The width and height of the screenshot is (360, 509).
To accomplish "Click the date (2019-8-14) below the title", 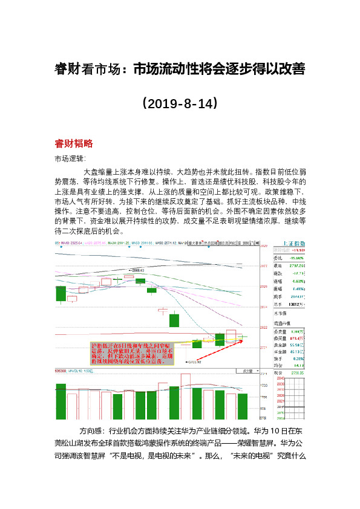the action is (180, 103).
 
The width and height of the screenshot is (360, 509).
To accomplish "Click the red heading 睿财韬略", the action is (73, 144).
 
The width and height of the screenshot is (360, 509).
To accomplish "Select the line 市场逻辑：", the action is (71, 159).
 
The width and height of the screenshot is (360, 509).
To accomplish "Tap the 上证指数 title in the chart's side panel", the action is (293, 244).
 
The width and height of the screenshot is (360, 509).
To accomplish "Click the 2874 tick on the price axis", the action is (263, 307).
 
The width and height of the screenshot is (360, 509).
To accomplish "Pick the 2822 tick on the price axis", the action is (263, 328).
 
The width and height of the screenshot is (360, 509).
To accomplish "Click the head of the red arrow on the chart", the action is (245, 340).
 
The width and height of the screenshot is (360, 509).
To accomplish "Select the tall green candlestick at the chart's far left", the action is (60, 293).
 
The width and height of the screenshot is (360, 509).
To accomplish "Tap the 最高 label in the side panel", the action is (278, 265).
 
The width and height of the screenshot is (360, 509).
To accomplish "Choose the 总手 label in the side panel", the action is (278, 305).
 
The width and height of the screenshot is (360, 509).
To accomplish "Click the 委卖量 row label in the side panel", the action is (278, 332).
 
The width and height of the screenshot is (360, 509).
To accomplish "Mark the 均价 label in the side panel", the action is (278, 365).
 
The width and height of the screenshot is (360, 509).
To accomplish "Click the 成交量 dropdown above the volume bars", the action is (247, 371).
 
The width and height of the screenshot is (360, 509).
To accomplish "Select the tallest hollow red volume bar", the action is (185, 395).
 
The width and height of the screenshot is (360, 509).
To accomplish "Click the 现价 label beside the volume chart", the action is (278, 373).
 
